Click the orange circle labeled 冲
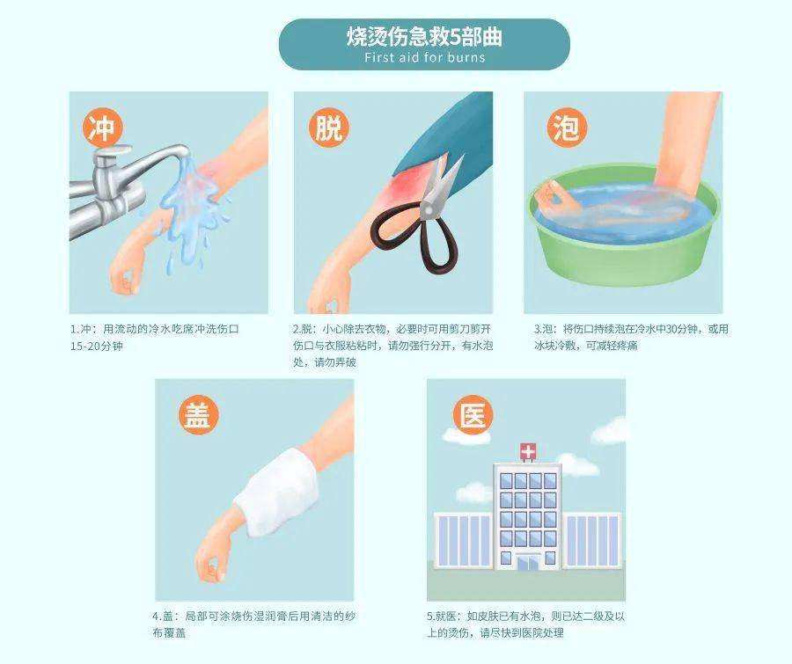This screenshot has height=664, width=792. click(x=104, y=128)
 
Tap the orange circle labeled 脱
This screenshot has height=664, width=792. click(x=327, y=128)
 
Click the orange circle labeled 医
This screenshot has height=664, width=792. click(x=473, y=414)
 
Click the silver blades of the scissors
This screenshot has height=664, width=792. click(x=440, y=189)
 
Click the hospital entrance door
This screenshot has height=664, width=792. click(x=527, y=561)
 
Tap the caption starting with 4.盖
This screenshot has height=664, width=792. click(x=254, y=624)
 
